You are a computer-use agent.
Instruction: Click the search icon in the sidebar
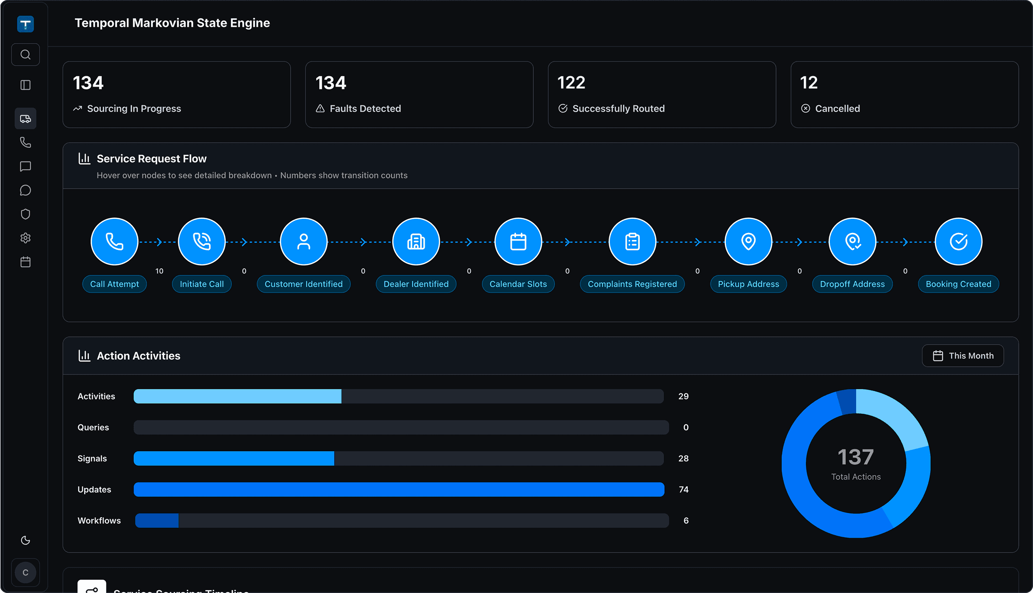tap(25, 55)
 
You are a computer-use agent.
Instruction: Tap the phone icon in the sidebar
tap(25, 142)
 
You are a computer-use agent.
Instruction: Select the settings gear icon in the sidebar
tap(25, 238)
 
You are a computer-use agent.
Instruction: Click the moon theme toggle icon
tap(25, 540)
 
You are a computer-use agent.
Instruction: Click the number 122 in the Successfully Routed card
tap(571, 83)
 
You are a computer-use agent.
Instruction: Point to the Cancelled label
tap(837, 109)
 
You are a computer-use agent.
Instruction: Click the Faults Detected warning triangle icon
tap(320, 109)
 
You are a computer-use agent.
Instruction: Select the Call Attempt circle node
tap(114, 241)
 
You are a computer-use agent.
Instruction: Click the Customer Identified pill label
tap(303, 284)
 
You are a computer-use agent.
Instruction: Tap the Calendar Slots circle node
tap(518, 241)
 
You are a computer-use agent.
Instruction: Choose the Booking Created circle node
tap(958, 241)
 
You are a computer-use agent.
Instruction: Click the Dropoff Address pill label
tap(852, 284)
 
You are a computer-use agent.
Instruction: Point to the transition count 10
tap(159, 271)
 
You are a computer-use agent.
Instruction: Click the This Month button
tap(962, 356)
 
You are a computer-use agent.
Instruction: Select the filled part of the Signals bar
tap(234, 458)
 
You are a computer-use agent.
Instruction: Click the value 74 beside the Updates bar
tap(683, 489)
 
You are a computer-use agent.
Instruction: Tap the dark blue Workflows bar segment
tap(157, 521)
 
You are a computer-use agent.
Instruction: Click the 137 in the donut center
tap(856, 457)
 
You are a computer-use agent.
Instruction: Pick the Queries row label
tap(93, 427)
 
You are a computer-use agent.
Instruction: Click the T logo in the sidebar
tap(25, 24)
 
